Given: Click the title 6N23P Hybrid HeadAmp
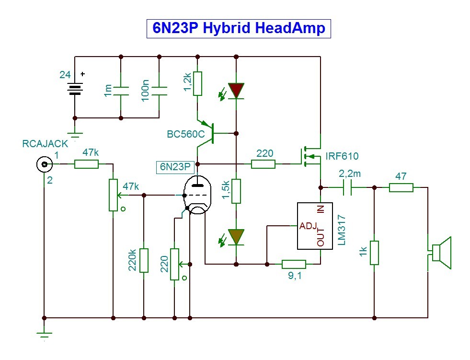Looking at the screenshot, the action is point(239,28).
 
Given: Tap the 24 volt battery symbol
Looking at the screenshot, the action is point(75,89).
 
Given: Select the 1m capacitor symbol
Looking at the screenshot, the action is point(121,91).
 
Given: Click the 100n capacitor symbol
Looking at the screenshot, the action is point(159,91).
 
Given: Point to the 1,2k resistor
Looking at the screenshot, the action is point(197,84).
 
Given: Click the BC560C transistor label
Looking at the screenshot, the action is point(186,134).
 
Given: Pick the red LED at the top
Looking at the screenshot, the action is point(236,91).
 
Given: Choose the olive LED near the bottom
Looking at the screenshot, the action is point(236,237).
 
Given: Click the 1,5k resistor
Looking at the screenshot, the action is point(236,191).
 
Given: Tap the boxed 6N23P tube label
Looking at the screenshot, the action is point(175,167).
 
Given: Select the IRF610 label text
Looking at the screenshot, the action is point(342,156).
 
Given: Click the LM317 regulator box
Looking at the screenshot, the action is point(315,226).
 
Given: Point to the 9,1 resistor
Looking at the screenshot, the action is point(294,264).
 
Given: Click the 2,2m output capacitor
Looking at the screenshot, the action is point(347,187).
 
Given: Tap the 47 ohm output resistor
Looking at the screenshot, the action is point(401,188).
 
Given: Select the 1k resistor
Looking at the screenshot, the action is point(374,253).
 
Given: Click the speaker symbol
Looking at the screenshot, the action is point(439,253).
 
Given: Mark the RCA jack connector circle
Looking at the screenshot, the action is point(45,164).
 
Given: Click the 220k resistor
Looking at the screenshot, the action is point(144,260).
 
